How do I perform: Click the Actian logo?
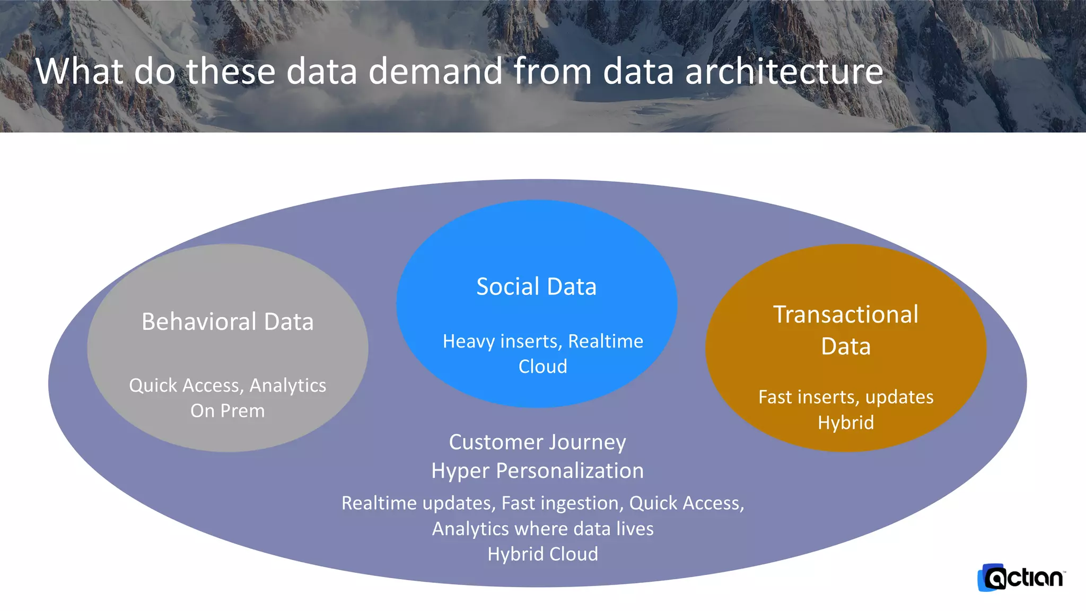point(1021,578)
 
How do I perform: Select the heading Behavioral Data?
point(227,321)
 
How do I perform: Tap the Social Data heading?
point(536,286)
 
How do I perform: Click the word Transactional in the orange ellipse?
point(845,315)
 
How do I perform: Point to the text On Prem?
point(227,411)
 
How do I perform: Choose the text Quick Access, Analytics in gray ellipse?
point(227,385)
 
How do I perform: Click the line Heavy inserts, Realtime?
point(542,341)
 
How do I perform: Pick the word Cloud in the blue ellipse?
point(542,366)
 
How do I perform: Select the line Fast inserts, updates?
point(846,397)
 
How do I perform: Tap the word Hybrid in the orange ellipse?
point(846,423)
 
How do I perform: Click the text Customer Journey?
point(537,442)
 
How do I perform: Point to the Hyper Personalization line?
point(537,470)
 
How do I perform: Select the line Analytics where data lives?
point(542,529)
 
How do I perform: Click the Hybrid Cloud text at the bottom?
point(542,554)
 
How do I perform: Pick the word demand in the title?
point(435,71)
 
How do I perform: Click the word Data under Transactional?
point(846,346)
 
